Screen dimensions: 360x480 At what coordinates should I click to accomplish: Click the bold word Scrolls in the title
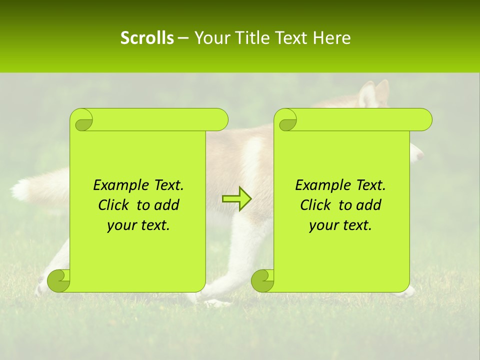(147, 38)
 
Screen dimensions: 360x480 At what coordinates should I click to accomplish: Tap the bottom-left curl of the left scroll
(58, 280)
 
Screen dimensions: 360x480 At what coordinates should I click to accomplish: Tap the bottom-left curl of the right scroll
(262, 280)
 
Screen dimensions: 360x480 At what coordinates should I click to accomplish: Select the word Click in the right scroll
(316, 205)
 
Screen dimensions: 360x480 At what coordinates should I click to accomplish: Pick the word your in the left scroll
(121, 226)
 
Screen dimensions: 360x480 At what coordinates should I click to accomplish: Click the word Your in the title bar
(209, 38)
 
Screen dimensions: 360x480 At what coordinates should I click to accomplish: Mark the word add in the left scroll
(167, 205)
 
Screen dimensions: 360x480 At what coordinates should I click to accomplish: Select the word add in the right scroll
(369, 205)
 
